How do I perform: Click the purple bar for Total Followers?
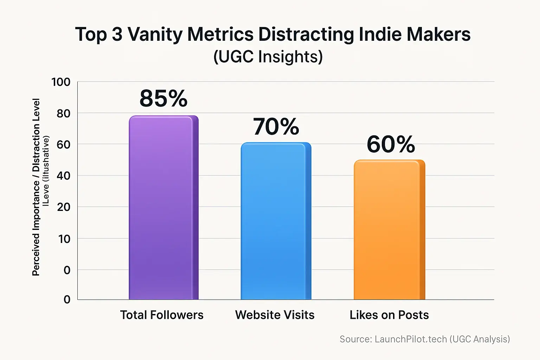click(x=163, y=207)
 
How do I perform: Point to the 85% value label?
click(x=163, y=98)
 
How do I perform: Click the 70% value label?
click(x=276, y=127)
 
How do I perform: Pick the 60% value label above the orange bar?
click(x=391, y=144)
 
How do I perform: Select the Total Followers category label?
click(x=162, y=315)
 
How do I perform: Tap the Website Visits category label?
click(x=275, y=315)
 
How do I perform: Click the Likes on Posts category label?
click(x=389, y=315)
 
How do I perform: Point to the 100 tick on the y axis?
click(x=61, y=82)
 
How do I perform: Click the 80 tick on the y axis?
click(x=63, y=114)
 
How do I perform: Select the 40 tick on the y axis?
click(x=63, y=176)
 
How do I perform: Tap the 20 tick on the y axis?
click(x=63, y=207)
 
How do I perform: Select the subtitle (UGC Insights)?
click(x=268, y=57)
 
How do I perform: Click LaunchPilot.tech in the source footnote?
click(x=411, y=339)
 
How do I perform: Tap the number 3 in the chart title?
click(x=117, y=34)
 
